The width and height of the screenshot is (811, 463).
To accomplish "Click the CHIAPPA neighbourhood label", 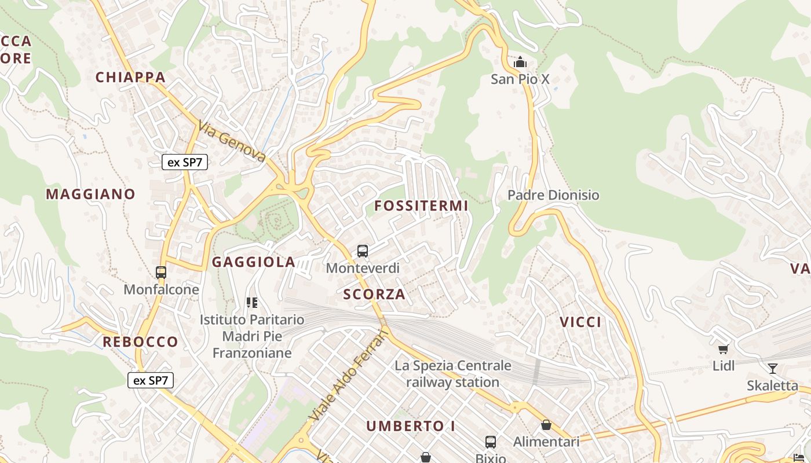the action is pos(130,77).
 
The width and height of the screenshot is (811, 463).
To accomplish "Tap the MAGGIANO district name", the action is pos(90,194).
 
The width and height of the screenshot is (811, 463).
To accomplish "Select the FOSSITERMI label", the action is pos(421,205).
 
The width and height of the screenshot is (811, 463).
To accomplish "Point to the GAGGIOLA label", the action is pos(254,262).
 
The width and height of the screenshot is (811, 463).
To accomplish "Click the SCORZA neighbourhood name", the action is pos(374,294).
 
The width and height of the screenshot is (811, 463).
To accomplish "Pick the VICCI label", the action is pos(580,322).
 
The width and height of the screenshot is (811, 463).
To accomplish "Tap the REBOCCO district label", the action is pos(140,341).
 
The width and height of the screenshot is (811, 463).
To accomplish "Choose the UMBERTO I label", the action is pos(411,426).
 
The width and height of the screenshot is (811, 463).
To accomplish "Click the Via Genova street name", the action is pos(232,141).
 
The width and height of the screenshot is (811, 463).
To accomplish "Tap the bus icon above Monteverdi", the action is pos(363,251).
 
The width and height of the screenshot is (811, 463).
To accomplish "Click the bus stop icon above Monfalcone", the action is pos(161,272).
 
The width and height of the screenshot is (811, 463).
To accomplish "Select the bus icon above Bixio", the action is pos(491,442).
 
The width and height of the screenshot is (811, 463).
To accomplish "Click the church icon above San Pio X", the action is pos(520,62).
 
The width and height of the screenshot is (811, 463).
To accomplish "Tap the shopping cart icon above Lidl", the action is pos(723,348).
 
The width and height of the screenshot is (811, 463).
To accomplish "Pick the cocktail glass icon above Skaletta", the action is pos(772,368).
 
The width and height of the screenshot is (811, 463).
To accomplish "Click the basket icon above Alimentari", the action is pos(546,425).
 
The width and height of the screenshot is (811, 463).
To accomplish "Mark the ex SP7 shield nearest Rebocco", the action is pos(151,380).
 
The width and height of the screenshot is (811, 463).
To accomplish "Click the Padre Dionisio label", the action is pos(553,195).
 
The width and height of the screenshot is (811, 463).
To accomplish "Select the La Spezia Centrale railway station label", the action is pos(453,374).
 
